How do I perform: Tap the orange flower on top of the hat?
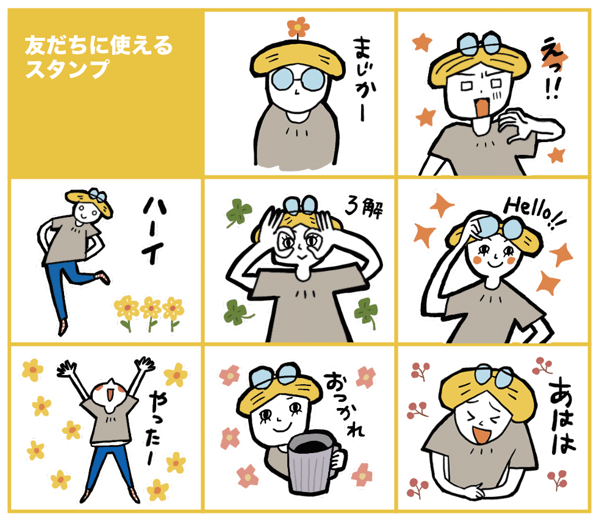pyautogui.click(x=298, y=27)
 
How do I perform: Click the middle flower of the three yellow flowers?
pyautogui.click(x=150, y=310)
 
